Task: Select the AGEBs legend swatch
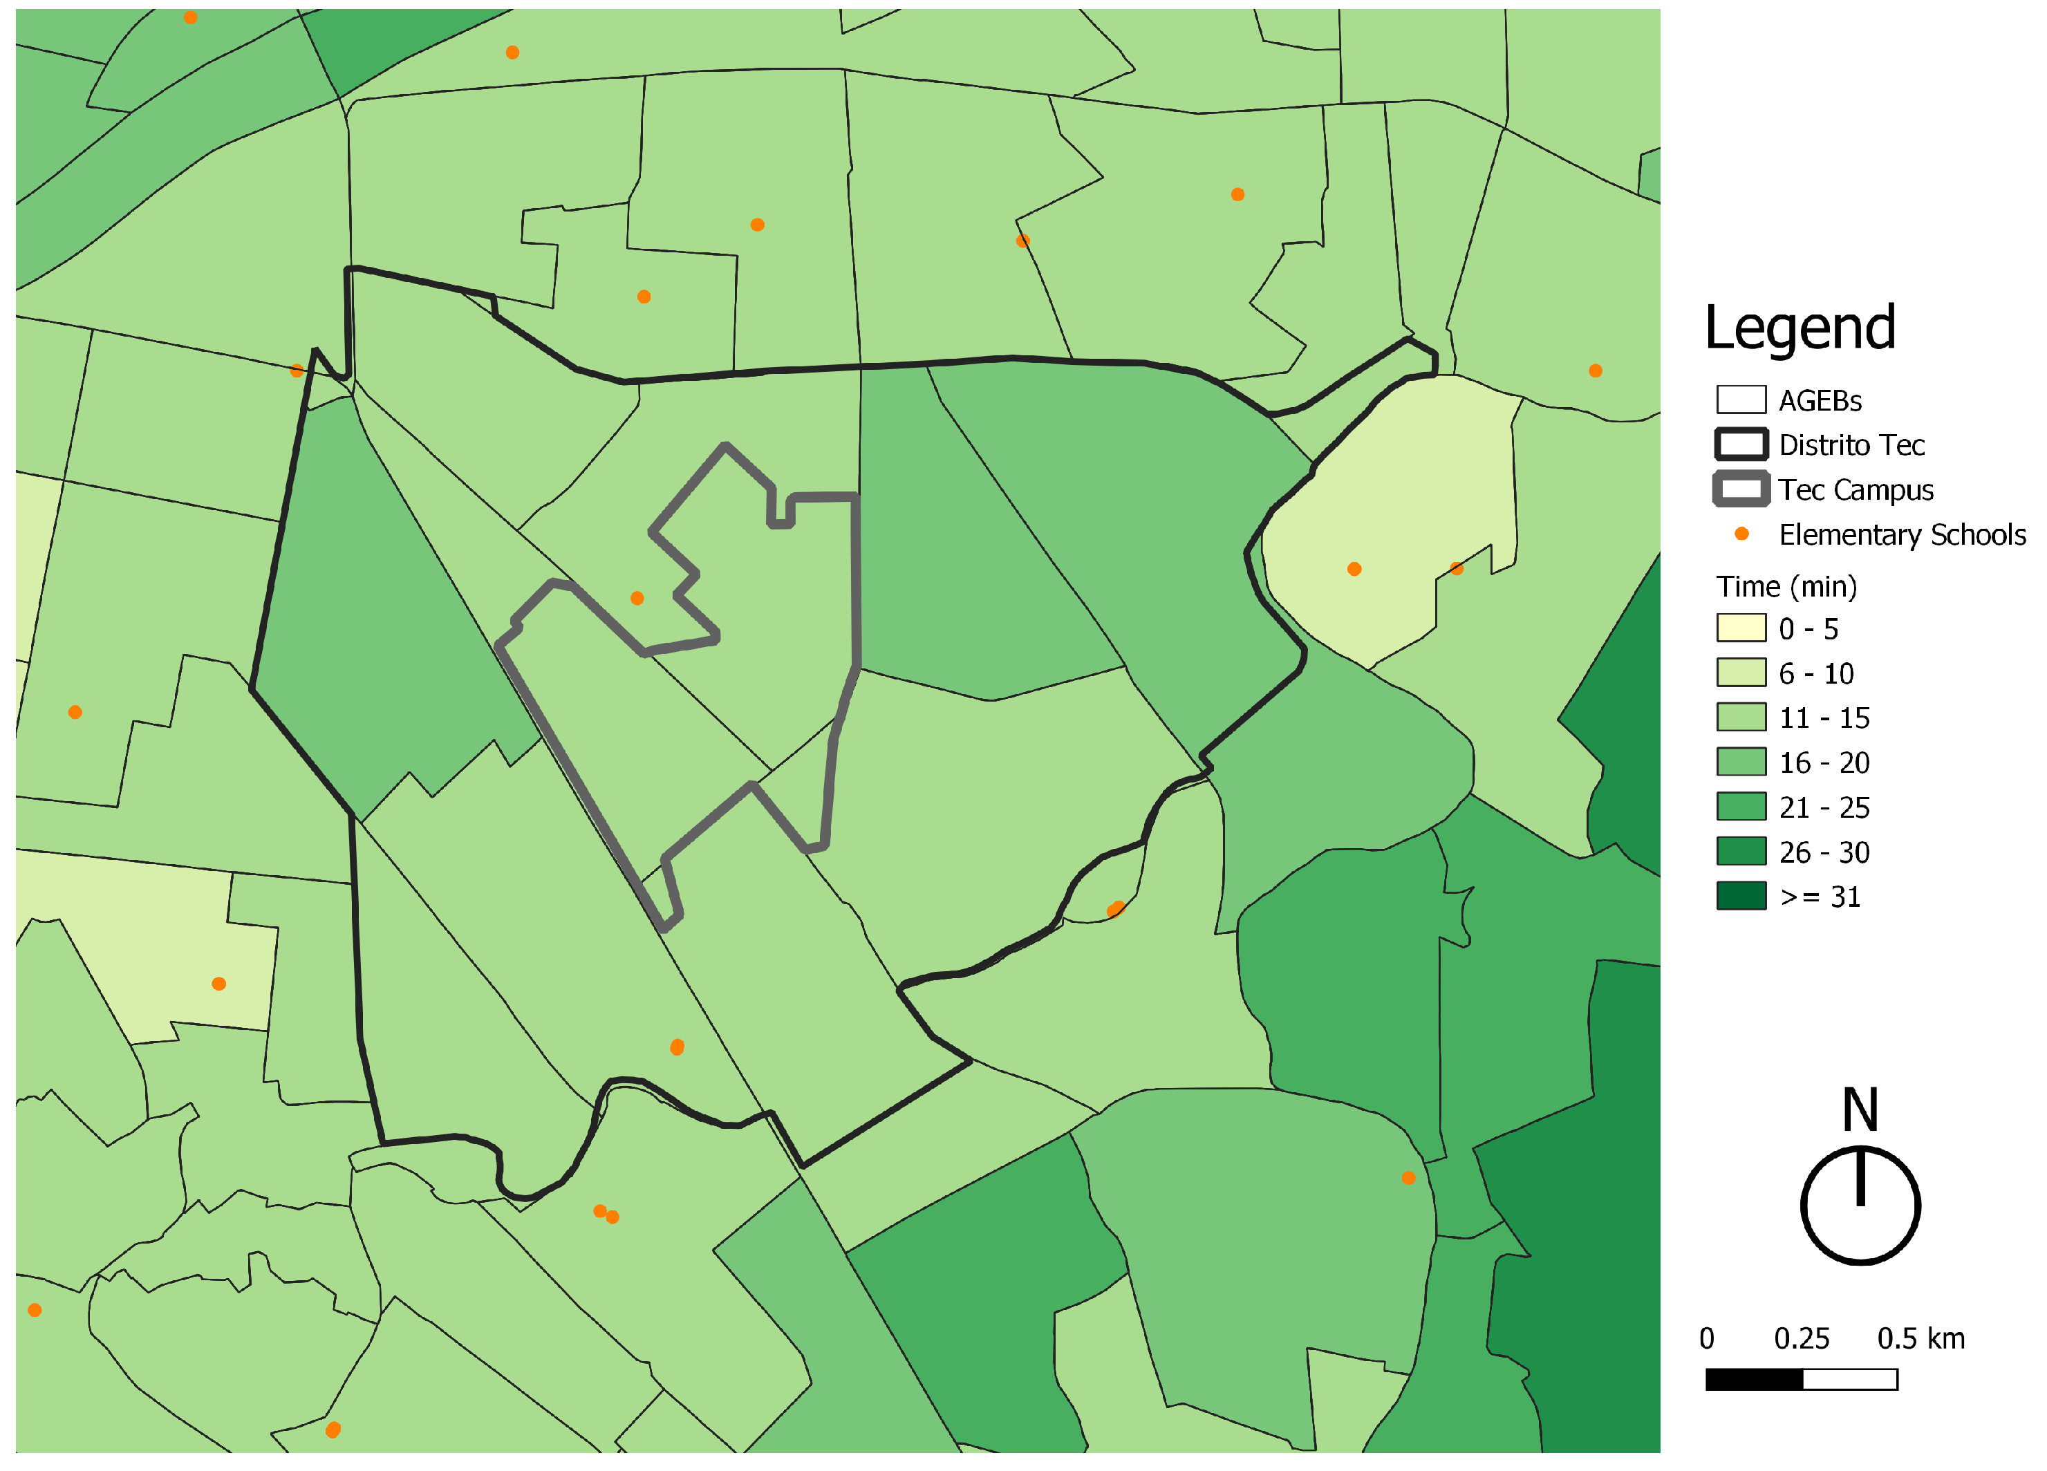[x=1740, y=400]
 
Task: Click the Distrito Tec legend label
[x=1851, y=445]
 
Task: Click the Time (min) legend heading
[x=1786, y=587]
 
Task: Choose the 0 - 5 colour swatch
[x=1740, y=628]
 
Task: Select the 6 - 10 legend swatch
[x=1740, y=673]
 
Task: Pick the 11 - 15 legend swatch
[x=1740, y=718]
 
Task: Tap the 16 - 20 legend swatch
[x=1740, y=762]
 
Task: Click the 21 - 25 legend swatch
[x=1740, y=807]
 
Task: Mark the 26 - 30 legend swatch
[x=1740, y=852]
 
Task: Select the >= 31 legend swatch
[x=1740, y=896]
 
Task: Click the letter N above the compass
[x=1860, y=1110]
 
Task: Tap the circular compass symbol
[x=1860, y=1206]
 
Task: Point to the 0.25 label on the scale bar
[x=1802, y=1338]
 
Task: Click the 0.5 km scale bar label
[x=1920, y=1338]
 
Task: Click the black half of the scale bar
[x=1754, y=1379]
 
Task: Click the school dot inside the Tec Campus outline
[x=637, y=599]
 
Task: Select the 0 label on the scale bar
[x=1707, y=1338]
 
